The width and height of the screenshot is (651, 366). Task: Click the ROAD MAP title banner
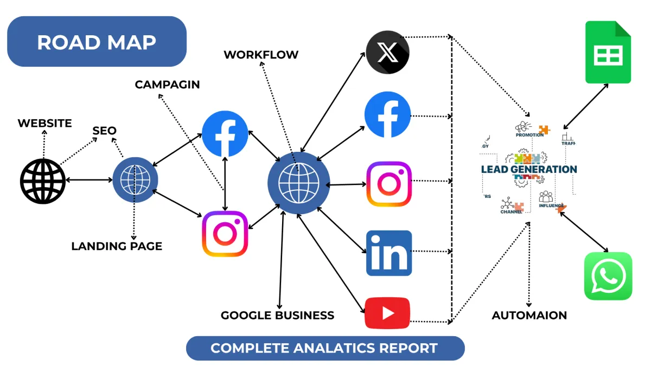point(97,42)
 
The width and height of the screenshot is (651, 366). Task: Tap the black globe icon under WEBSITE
point(43,181)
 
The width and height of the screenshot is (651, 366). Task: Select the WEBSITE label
point(44,123)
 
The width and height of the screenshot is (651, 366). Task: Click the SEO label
point(104,131)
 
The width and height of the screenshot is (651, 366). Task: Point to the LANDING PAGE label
point(117,246)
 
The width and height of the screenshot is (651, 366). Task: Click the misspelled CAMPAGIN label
point(167,85)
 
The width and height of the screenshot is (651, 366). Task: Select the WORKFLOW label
point(261,55)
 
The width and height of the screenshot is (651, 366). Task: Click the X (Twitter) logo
point(387,53)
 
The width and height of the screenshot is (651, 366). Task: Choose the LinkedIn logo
point(389,253)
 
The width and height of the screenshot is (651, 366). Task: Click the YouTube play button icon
point(387,313)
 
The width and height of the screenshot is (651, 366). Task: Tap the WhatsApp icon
point(608,276)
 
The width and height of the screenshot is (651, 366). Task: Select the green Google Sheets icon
point(608,53)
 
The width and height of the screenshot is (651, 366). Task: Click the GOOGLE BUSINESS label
point(277,315)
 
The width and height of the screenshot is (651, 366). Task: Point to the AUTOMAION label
point(529,315)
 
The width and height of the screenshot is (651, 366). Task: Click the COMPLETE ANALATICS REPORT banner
point(325,348)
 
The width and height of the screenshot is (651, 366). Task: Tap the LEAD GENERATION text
point(529,169)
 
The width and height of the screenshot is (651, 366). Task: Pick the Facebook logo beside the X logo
point(387,114)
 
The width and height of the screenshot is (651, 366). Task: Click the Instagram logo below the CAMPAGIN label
point(225,234)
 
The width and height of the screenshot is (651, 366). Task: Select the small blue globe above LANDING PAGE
point(135,179)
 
